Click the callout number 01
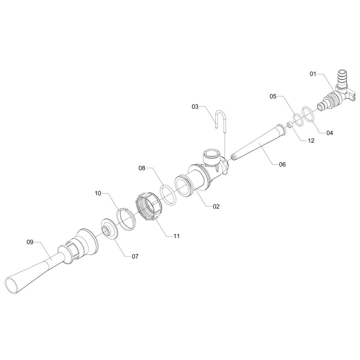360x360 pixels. [x=313, y=74]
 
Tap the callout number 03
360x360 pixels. [x=195, y=107]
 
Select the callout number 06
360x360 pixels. [x=282, y=165]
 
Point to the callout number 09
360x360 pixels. [x=30, y=242]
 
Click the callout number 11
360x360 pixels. [x=176, y=236]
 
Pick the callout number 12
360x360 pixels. [x=311, y=140]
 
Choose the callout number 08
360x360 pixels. [x=142, y=168]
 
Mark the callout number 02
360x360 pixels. [x=216, y=206]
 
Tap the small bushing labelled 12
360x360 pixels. [x=290, y=125]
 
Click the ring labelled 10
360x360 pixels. [x=126, y=219]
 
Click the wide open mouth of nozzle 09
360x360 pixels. [x=12, y=285]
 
